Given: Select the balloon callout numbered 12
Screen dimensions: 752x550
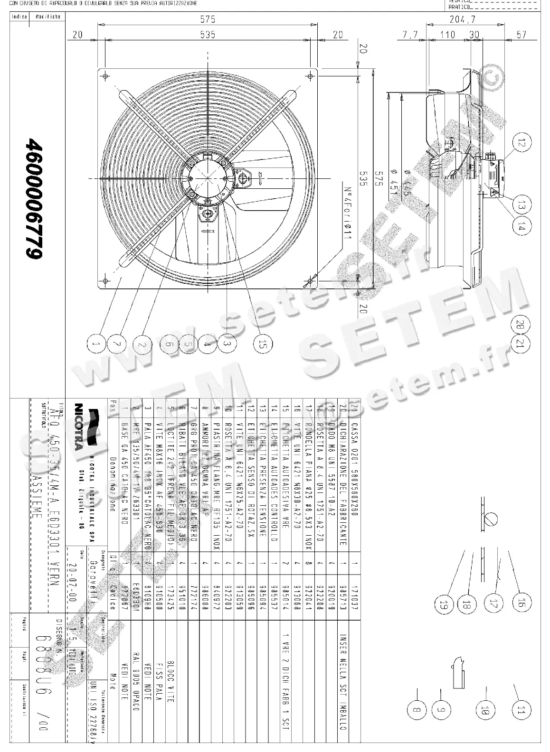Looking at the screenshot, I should click(522, 142).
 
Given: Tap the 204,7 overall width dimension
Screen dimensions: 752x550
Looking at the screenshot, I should click(462, 19).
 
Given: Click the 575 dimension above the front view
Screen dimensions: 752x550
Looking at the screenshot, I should click(208, 19).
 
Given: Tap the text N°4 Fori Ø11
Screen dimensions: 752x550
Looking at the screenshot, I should click(347, 212).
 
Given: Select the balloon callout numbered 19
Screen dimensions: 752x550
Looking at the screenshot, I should click(444, 604).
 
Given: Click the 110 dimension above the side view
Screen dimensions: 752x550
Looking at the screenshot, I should click(447, 34).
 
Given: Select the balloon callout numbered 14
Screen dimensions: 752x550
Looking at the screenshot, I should click(522, 226).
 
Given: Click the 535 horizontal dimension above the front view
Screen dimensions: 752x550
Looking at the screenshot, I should click(208, 34).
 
